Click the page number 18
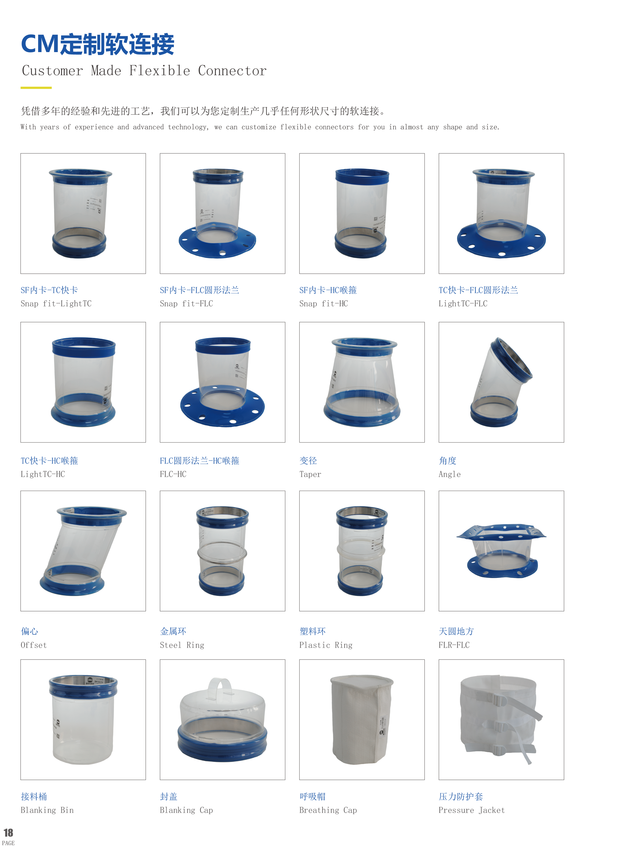(x=9, y=832)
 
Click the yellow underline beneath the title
(x=36, y=88)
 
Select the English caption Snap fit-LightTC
(x=56, y=304)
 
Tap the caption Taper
(x=310, y=474)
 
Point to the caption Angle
(x=450, y=474)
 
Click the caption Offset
(x=33, y=645)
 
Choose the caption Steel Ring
(x=182, y=645)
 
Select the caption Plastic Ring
(x=326, y=645)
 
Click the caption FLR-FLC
(x=454, y=645)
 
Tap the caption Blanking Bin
(x=47, y=810)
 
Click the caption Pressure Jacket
(x=471, y=810)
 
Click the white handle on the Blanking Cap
(x=220, y=683)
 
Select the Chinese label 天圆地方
(x=456, y=631)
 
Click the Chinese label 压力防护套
(x=461, y=796)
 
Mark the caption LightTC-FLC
(x=463, y=304)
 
